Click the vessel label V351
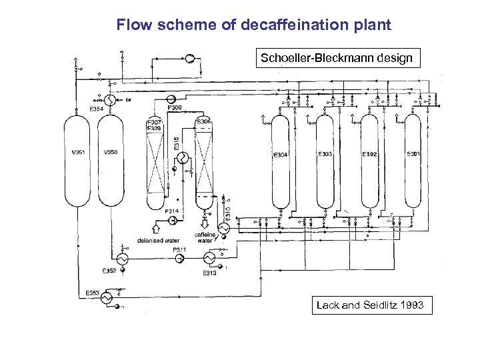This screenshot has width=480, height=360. [78, 152]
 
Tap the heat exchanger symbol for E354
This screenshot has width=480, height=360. [112, 101]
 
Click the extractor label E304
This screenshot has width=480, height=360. [280, 155]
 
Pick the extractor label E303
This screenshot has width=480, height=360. [325, 154]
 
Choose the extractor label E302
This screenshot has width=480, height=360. [369, 154]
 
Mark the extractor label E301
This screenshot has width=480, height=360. [414, 154]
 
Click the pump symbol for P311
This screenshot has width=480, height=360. [179, 258]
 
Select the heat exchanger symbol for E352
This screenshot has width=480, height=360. [122, 258]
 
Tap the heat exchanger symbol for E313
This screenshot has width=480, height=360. [209, 258]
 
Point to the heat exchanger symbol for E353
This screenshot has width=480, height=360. [105, 299]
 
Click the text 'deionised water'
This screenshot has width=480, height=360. [158, 240]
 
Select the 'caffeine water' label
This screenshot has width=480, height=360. [205, 237]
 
